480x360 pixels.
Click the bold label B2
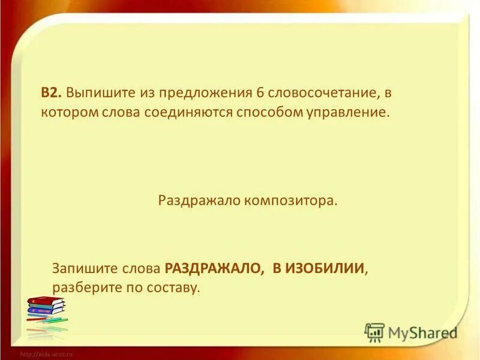[51, 94]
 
